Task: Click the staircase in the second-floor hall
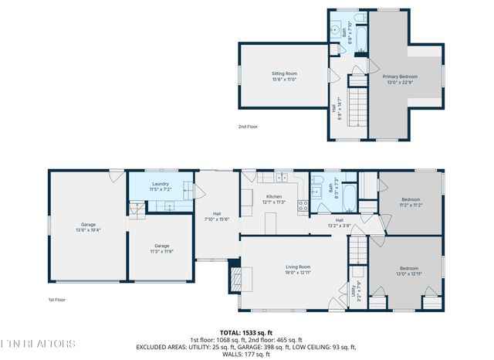pyautogui.click(x=357, y=108)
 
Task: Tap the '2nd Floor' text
pyautogui.click(x=249, y=127)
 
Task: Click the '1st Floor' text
pyautogui.click(x=57, y=300)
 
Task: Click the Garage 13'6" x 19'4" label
pyautogui.click(x=89, y=227)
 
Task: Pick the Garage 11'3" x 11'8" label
pyautogui.click(x=161, y=248)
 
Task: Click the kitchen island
pyautogui.click(x=271, y=222)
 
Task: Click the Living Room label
pyautogui.click(x=298, y=269)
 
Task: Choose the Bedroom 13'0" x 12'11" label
pyautogui.click(x=409, y=270)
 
